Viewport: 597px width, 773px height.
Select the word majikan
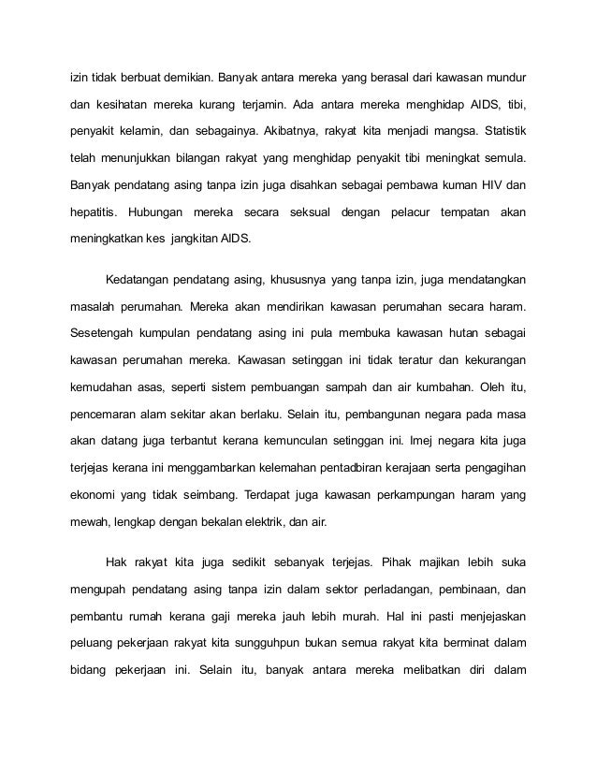click(441, 562)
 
